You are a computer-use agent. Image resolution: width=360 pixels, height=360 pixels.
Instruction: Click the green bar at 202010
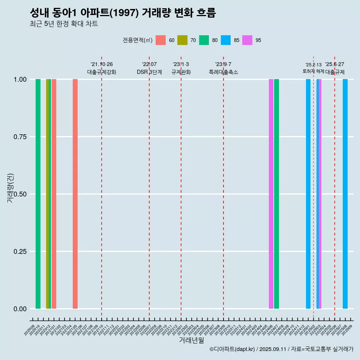(38, 194)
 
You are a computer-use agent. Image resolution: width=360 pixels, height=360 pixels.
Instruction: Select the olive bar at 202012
(47, 194)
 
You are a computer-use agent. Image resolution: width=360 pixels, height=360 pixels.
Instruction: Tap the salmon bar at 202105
(75, 194)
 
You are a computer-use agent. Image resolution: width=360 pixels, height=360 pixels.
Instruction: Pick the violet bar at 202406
(271, 194)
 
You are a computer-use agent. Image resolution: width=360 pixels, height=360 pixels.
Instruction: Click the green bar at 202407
(276, 194)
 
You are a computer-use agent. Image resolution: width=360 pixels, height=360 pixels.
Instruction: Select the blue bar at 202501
(308, 194)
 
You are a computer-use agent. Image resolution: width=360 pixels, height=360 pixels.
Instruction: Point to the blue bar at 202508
(345, 194)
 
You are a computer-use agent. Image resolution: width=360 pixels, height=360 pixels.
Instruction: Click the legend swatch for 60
(160, 40)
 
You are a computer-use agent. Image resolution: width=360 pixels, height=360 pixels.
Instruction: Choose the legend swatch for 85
(226, 40)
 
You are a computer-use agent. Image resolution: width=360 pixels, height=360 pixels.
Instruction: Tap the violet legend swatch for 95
(247, 40)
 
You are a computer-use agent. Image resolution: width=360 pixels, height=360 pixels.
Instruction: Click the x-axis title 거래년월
(192, 340)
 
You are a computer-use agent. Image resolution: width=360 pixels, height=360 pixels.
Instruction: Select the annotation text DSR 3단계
(149, 72)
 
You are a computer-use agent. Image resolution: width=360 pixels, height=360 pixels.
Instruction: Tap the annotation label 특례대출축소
(223, 72)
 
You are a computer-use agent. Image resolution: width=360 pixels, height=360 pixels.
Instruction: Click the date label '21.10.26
(102, 64)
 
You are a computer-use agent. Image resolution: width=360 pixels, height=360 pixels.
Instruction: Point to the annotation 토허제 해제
(313, 71)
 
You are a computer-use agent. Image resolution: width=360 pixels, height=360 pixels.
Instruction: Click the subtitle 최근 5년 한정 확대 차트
(64, 24)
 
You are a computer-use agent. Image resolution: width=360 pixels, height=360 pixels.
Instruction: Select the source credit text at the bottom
(281, 349)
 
